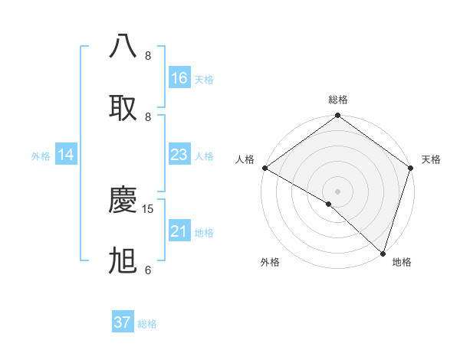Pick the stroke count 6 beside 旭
[x=148, y=270]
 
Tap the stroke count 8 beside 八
[x=148, y=55]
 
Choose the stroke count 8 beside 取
[x=148, y=116]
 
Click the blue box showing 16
[x=179, y=78]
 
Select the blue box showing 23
[x=179, y=155]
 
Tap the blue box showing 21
[x=179, y=231]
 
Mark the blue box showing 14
[x=66, y=155]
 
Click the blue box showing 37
[x=123, y=322]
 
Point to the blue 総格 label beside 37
[x=147, y=324]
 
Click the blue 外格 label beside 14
[x=41, y=156]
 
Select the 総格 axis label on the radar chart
[x=337, y=100]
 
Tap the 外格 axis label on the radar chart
[x=270, y=263]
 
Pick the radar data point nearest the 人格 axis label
[x=264, y=168]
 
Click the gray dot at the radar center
[x=337, y=191]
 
